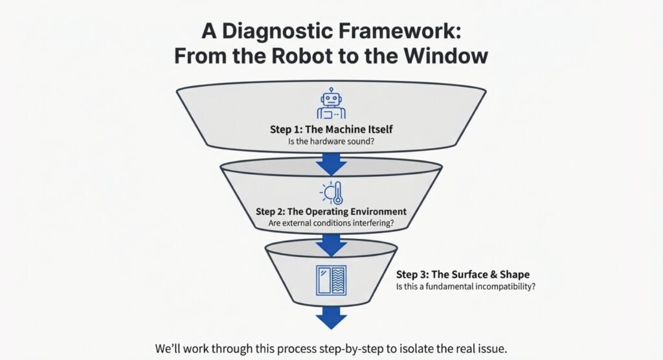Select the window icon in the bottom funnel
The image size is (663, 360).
331,280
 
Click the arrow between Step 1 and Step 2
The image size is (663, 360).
331,164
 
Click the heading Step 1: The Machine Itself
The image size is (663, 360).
331,129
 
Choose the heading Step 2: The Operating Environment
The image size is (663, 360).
331,212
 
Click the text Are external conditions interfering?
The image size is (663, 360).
331,224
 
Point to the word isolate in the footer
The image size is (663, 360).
428,348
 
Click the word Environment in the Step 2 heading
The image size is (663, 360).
371,212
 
